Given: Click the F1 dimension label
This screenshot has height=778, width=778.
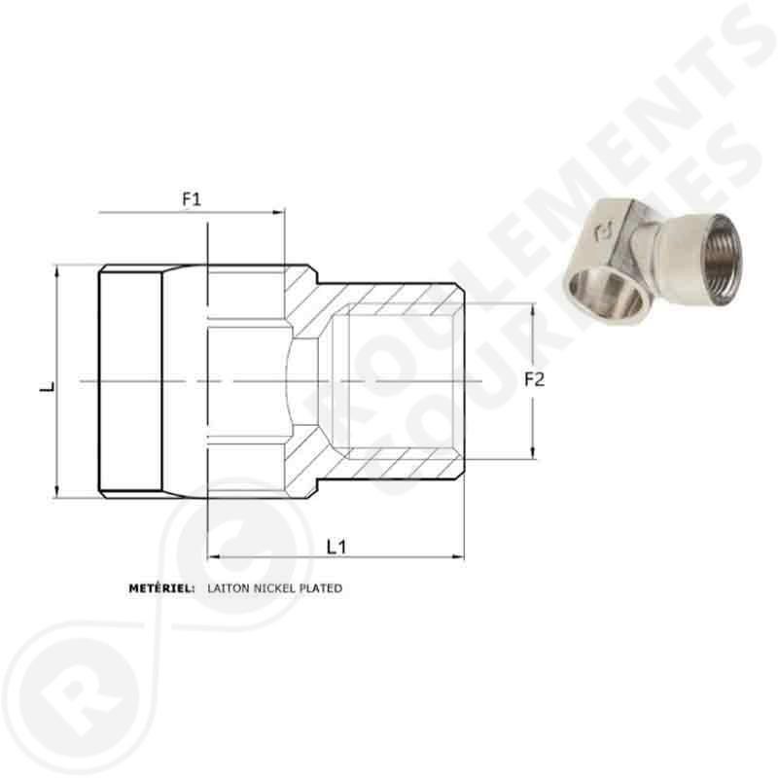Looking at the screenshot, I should (192, 199).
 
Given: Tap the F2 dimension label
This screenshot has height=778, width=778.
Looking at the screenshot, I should (533, 380).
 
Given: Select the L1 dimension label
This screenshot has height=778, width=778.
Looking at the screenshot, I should (336, 547).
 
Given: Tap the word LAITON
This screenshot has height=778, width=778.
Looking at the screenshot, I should (226, 588).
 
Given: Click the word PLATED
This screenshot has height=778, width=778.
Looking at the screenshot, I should (322, 588).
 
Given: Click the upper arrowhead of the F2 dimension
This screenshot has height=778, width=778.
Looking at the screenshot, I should (533, 308).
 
